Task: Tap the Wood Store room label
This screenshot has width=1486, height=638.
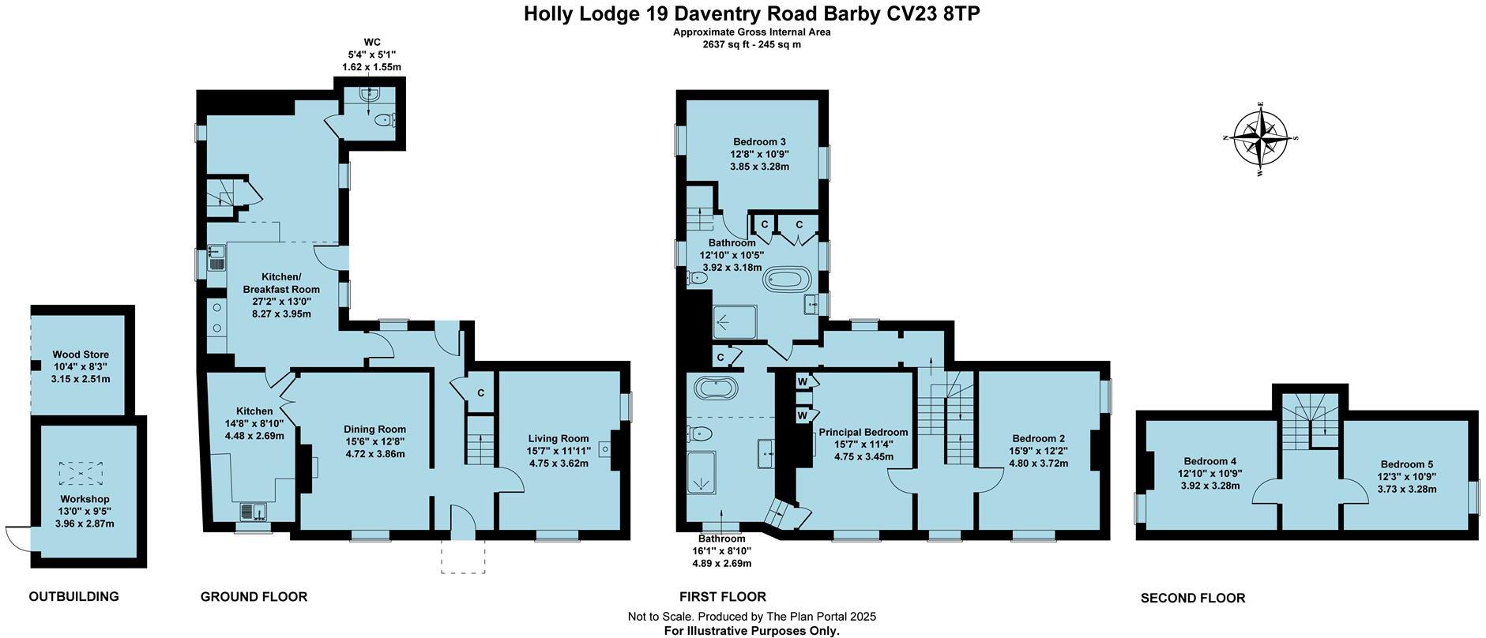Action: tap(81, 355)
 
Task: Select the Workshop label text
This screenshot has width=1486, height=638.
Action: tap(85, 499)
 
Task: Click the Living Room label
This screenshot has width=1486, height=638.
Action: tap(559, 439)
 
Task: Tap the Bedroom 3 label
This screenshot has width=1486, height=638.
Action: tap(758, 142)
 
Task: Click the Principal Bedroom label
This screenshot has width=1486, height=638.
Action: tap(863, 433)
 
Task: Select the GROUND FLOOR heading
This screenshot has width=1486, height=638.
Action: tap(254, 597)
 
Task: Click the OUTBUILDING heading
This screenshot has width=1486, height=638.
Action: tap(73, 597)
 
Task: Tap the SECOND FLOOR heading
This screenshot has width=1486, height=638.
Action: tap(1192, 599)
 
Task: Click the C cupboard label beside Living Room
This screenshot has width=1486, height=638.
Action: tap(480, 393)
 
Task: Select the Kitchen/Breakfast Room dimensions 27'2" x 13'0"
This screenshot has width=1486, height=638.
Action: tap(281, 301)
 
